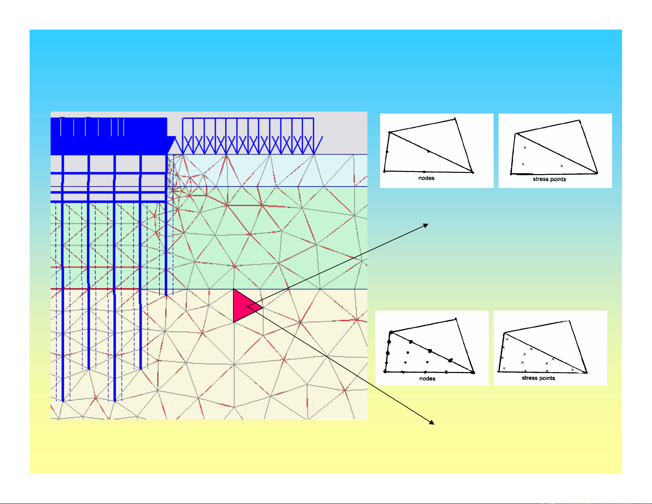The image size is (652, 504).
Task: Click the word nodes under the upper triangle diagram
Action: point(426,178)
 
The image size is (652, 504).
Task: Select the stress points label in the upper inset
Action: point(550,179)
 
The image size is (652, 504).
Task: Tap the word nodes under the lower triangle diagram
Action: point(427,379)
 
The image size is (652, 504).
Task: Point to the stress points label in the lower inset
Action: point(538,378)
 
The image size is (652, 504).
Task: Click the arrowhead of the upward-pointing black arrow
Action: point(426,225)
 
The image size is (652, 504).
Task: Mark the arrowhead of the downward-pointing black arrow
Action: point(432,423)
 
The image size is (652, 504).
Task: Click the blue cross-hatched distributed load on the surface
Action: point(248,137)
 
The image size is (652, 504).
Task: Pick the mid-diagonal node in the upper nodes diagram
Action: point(429,151)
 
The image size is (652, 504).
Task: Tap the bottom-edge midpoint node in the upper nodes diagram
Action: point(424,172)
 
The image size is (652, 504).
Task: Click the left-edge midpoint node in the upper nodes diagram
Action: point(387,152)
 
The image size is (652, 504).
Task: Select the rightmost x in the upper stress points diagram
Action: point(562,166)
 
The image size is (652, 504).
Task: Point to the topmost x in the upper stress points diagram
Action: point(525,148)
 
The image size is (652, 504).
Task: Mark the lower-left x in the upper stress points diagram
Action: point(523,164)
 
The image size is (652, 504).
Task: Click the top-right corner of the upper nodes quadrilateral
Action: point(455,119)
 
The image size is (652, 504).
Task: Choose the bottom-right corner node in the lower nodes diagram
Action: point(473,373)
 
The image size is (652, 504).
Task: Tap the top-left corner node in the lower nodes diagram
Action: point(391,332)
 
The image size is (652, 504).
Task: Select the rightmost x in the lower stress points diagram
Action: point(573,369)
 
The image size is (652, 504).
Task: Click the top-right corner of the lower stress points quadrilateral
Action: point(569,321)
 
